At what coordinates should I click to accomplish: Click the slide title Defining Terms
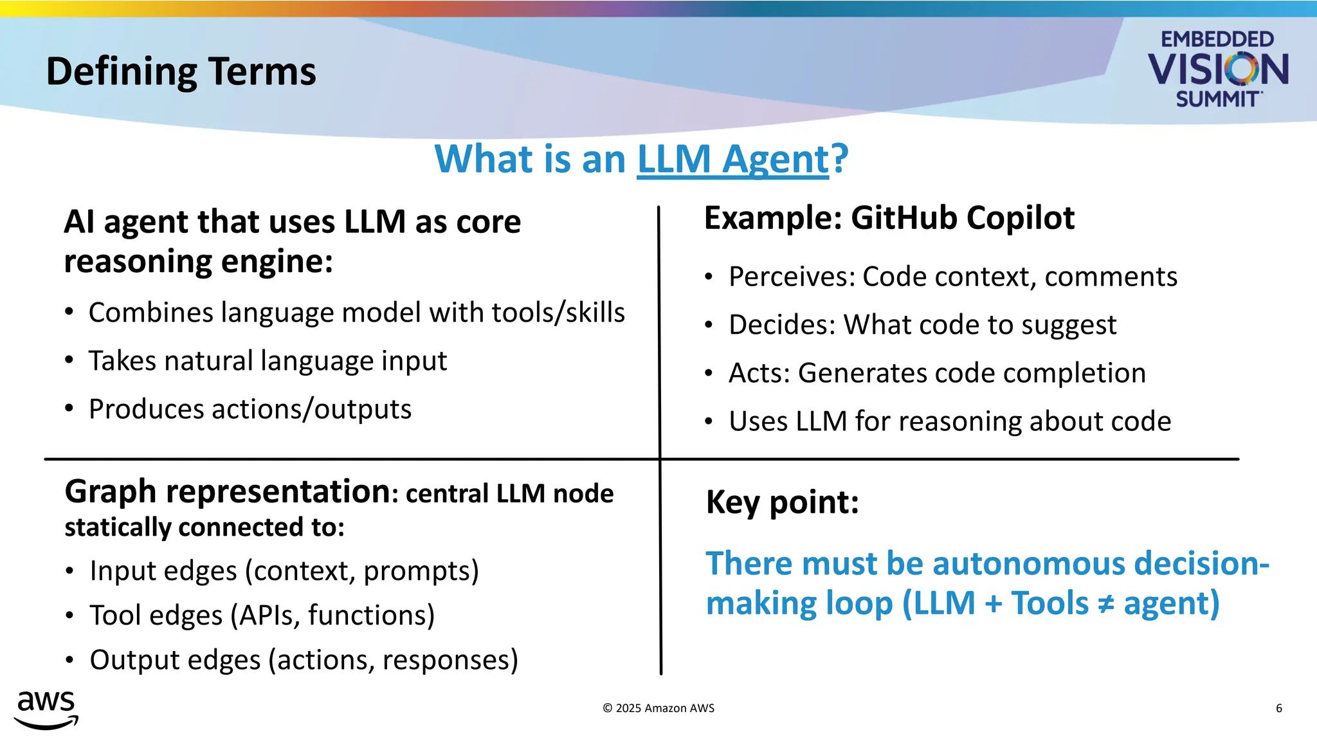(x=181, y=71)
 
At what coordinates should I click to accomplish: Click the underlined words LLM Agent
(x=732, y=159)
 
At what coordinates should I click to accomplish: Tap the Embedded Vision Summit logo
(x=1218, y=69)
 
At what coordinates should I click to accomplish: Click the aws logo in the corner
(x=46, y=709)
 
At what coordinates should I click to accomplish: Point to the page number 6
(x=1278, y=708)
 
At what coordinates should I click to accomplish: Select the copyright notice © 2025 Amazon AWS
(x=658, y=708)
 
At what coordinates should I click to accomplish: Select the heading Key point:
(x=782, y=502)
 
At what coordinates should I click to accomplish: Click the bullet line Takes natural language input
(x=268, y=361)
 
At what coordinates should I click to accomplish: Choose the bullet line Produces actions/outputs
(x=250, y=409)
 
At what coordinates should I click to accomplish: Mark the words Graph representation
(x=226, y=491)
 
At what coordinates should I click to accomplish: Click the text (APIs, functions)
(x=337, y=616)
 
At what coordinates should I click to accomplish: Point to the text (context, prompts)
(x=362, y=571)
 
